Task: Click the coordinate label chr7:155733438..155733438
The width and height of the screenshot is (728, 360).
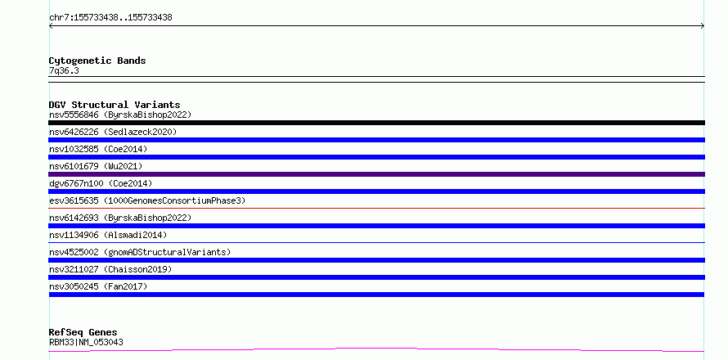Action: (110, 18)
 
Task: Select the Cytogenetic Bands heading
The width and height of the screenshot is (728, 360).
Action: (97, 61)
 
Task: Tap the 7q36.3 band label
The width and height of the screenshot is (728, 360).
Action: (64, 70)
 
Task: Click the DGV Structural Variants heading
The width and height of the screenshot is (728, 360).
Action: (115, 105)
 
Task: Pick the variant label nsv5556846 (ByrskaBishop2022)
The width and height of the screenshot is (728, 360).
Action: (120, 115)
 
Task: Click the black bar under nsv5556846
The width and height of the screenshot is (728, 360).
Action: (376, 123)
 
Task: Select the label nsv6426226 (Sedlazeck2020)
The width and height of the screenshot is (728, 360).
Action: (113, 132)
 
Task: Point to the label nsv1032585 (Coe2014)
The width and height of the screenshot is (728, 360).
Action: (98, 149)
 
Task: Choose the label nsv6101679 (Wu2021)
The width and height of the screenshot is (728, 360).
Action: (96, 166)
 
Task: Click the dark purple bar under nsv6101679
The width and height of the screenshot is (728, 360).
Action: (376, 174)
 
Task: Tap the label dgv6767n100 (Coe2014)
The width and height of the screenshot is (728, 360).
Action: (101, 183)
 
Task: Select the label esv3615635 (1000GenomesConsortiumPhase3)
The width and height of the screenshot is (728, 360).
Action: (147, 200)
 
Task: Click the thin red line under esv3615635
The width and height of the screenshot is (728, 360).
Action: (376, 208)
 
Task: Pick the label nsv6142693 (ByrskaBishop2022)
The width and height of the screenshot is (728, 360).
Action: (120, 218)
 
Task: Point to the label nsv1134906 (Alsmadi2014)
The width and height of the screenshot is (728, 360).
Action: (108, 235)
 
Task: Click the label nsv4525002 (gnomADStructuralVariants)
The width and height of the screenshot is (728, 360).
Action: (140, 252)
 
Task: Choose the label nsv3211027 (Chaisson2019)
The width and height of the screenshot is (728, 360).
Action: (110, 269)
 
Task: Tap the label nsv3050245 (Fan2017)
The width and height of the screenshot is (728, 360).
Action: (98, 286)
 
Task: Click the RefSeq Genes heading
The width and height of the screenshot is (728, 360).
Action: (83, 333)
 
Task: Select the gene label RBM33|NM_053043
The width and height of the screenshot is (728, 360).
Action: (86, 342)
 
